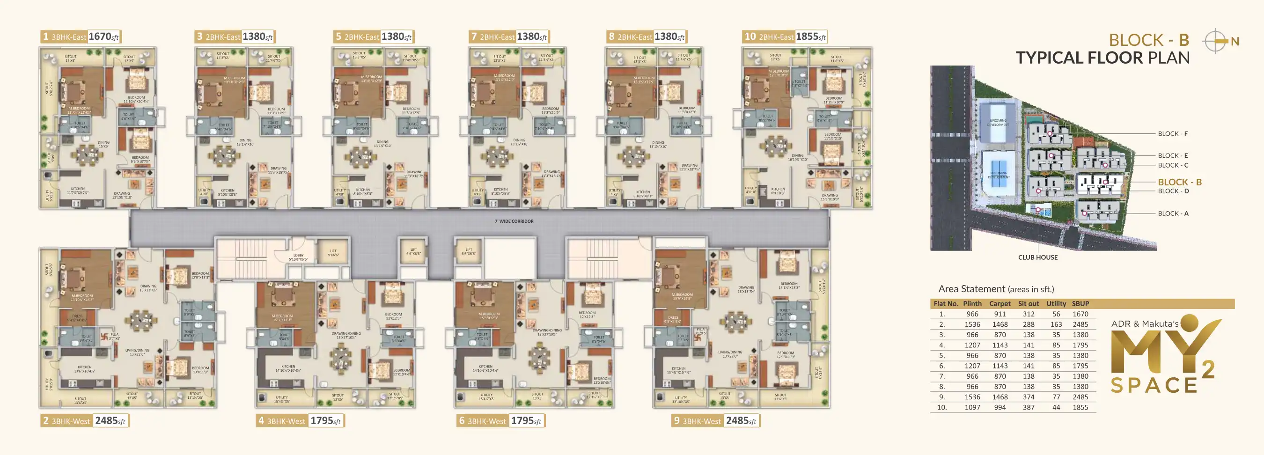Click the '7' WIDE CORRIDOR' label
[x=514, y=221]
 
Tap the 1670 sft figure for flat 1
[x=103, y=37]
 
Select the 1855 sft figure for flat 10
[x=810, y=37]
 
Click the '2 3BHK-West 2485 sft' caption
[x=84, y=421]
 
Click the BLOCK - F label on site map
[x=1172, y=134]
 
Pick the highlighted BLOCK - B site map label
[x=1179, y=182]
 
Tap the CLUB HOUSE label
[x=1037, y=257]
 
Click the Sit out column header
[x=1028, y=304]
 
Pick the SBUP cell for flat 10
[x=1080, y=407]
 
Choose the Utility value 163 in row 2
[x=1056, y=324]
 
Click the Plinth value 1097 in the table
[x=971, y=407]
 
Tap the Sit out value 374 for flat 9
[x=1028, y=397]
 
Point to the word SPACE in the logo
[x=1153, y=386]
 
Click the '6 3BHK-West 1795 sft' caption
[x=500, y=421]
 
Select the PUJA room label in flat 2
[x=114, y=336]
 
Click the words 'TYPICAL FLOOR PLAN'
[x=1102, y=58]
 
